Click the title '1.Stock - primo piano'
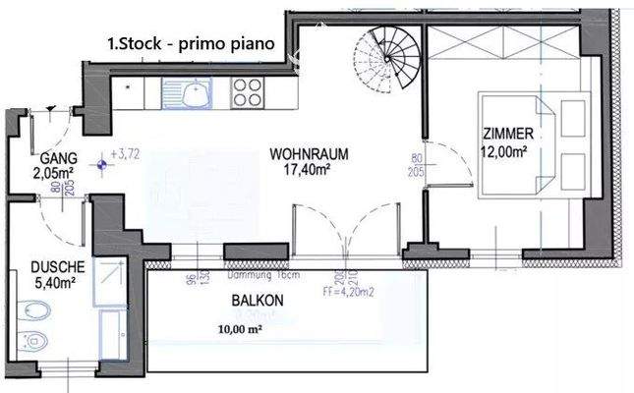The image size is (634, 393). coord(191,43)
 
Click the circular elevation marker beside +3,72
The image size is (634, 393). coord(101,165)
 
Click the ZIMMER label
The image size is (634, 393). coord(507,134)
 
